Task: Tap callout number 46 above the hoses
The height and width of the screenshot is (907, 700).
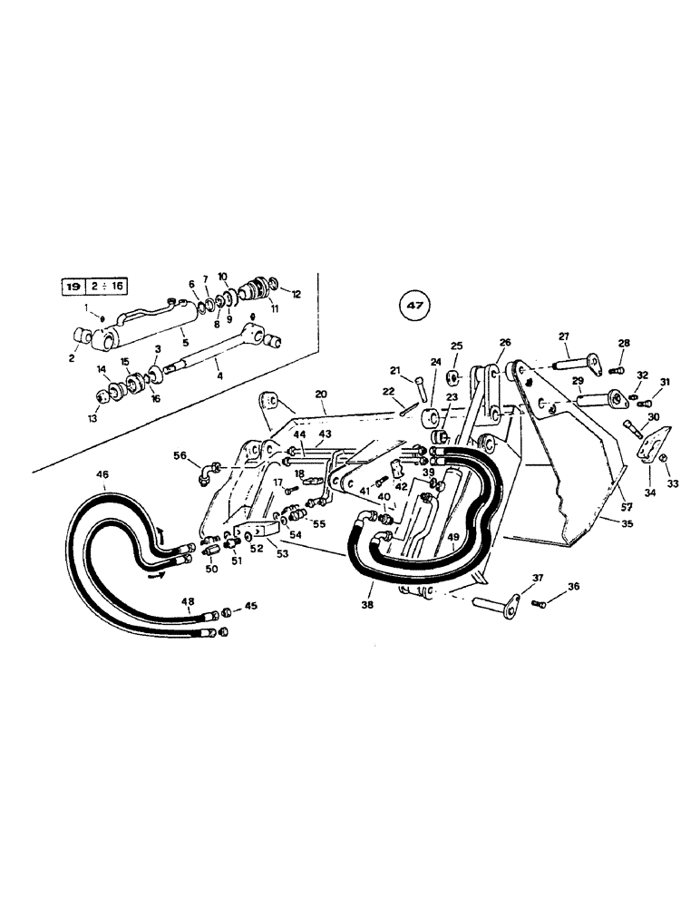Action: [x=102, y=474]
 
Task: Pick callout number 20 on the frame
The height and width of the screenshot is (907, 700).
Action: [x=320, y=395]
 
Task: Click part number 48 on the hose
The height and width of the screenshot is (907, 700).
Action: [x=189, y=600]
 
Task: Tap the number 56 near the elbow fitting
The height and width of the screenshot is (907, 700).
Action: [x=180, y=456]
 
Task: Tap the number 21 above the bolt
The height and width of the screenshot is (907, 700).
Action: [x=395, y=370]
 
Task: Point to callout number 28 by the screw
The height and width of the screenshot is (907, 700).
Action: [x=624, y=344]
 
